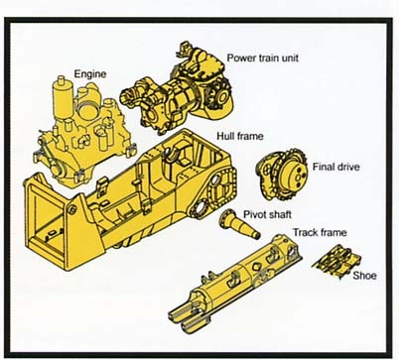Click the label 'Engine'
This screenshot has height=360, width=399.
(x=90, y=73)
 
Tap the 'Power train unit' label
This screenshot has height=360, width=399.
(x=262, y=59)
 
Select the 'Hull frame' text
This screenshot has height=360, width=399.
(x=240, y=136)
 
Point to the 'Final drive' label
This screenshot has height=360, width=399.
(x=335, y=167)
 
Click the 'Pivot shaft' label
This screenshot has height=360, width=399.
(x=267, y=214)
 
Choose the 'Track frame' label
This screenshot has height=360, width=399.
(x=320, y=232)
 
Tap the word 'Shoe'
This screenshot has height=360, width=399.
(x=364, y=276)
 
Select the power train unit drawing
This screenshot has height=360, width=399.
(x=177, y=89)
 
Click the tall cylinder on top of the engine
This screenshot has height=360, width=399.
(x=63, y=96)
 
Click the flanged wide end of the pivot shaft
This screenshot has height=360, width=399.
(x=225, y=217)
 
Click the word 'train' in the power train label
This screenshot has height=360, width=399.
(x=264, y=59)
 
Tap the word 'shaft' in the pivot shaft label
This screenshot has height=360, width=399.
(x=280, y=214)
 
